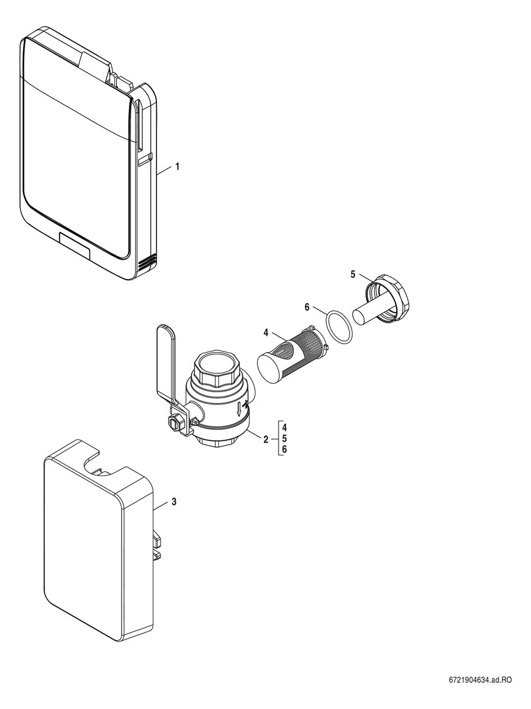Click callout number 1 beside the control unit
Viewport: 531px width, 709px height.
(177, 165)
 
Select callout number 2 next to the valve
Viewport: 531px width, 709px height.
(266, 438)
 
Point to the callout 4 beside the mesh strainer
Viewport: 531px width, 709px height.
(266, 333)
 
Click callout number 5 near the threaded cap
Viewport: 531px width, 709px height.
(353, 274)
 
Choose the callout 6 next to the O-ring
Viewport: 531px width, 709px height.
(307, 308)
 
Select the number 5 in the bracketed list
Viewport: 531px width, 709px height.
(285, 438)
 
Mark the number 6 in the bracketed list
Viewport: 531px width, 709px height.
(285, 450)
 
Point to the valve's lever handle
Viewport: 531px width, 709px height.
(166, 359)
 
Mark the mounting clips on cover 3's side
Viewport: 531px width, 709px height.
(156, 544)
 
